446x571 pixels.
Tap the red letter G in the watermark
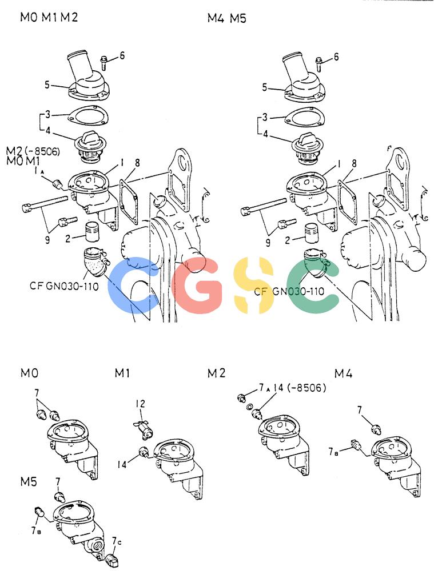(x=197, y=285)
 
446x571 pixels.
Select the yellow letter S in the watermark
(x=254, y=285)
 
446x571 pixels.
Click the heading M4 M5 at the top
(x=226, y=18)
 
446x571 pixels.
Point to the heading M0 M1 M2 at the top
(x=49, y=17)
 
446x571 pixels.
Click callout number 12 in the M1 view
(x=141, y=404)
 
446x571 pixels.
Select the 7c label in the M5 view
(x=116, y=541)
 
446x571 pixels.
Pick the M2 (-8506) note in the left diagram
(x=33, y=151)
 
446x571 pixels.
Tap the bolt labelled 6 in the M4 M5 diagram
(x=319, y=65)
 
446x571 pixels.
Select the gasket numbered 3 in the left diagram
(x=88, y=116)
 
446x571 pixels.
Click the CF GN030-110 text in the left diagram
(x=64, y=286)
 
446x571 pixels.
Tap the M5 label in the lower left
(x=29, y=481)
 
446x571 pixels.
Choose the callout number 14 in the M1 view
(x=122, y=464)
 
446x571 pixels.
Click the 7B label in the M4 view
(x=333, y=452)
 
